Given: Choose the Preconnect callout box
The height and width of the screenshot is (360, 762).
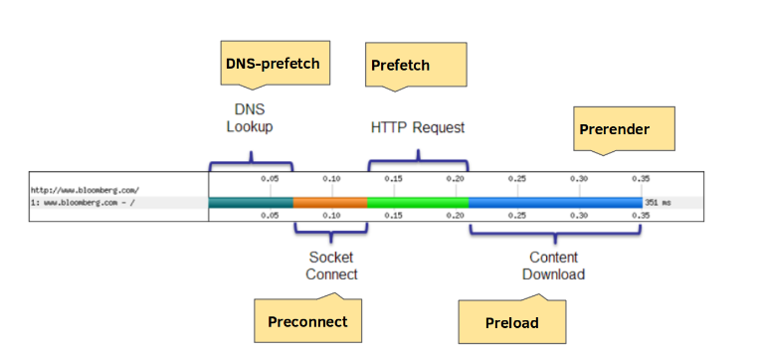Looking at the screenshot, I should point(307,320).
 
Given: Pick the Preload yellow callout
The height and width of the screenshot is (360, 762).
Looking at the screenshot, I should point(512,322).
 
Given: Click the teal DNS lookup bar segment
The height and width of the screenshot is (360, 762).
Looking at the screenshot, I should point(251,202).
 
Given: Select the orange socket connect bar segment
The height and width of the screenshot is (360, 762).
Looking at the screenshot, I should point(330,202).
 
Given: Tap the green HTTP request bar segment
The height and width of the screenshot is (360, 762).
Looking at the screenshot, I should point(418,202).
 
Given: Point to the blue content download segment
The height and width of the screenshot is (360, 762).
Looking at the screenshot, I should point(555,202).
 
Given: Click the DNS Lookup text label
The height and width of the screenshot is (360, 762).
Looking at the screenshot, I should point(249,118).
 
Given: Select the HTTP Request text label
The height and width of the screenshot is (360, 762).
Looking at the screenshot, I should point(418,127).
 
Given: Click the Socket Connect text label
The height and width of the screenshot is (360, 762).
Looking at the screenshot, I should point(332,265).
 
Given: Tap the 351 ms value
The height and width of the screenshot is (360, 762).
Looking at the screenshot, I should point(659,203).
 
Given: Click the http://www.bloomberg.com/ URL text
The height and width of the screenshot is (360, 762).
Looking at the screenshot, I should point(85,189).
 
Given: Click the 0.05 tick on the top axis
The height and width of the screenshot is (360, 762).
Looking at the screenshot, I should point(270,179).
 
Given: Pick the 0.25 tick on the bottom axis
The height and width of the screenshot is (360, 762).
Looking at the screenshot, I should point(517,215).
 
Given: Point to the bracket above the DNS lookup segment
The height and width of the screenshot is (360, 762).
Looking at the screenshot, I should point(251,159).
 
